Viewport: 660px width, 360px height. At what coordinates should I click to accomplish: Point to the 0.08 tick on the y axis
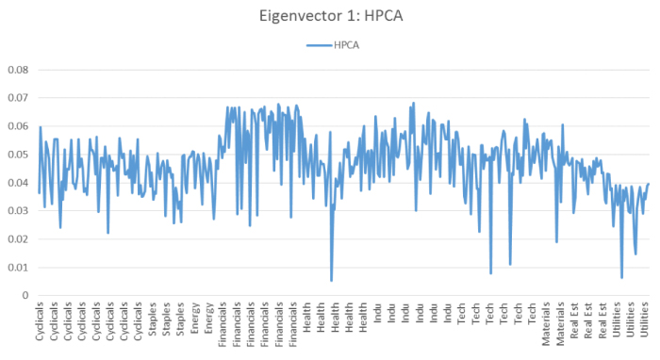coord(18,70)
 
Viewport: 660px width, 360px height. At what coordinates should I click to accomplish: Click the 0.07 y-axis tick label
coord(18,98)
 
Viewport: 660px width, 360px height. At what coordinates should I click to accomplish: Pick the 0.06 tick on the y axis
coord(18,126)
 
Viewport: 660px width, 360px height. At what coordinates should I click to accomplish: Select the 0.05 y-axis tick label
coord(18,155)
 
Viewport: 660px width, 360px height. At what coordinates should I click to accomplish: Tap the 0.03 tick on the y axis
coord(18,211)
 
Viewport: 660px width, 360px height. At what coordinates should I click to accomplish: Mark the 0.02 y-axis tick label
coord(18,239)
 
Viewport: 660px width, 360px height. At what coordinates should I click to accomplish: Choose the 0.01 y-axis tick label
coord(18,268)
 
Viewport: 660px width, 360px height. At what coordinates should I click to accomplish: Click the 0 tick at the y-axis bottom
coord(26,296)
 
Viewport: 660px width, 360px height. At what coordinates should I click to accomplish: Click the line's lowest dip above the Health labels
coord(331,280)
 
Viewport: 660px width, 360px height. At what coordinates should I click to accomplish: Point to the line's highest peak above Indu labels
coord(413,104)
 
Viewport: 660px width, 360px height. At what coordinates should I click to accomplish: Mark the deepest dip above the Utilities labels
coord(621,277)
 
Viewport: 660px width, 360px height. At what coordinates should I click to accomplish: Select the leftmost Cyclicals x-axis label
coord(39,323)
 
